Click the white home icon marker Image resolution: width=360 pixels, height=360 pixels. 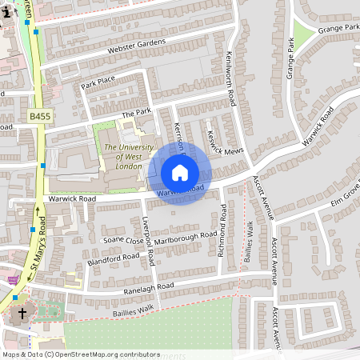point(180,173)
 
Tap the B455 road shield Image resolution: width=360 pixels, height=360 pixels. point(40,117)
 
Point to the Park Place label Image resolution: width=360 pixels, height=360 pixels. point(98,82)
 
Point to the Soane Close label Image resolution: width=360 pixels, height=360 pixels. point(122,239)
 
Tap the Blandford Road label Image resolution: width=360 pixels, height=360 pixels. point(115,258)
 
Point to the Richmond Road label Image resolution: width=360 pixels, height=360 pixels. point(222,230)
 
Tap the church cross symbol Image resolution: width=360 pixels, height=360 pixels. point(22,314)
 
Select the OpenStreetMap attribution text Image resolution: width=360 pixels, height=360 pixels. point(80,354)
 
